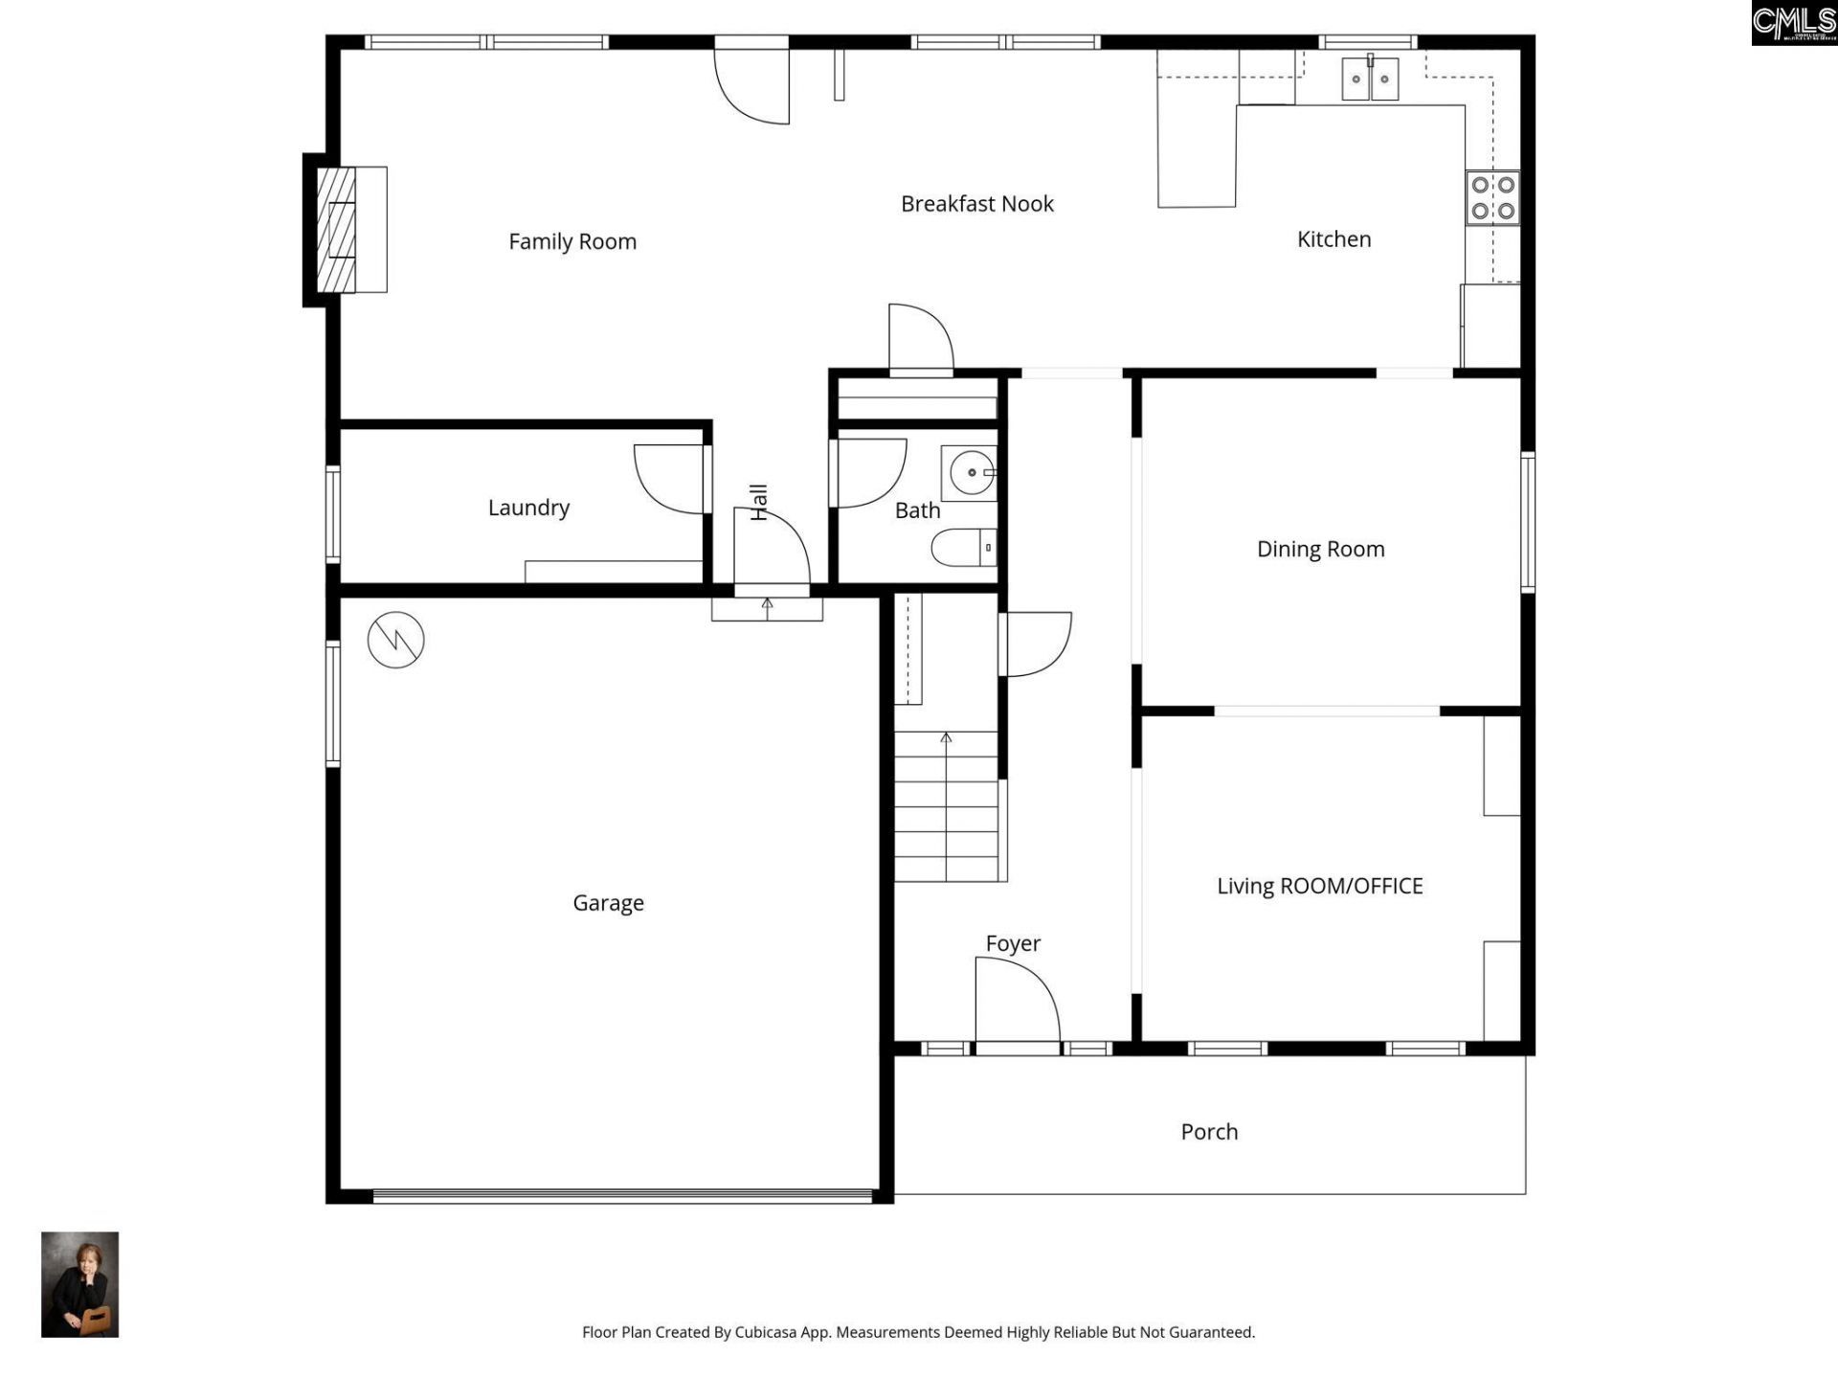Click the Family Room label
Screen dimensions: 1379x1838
572,241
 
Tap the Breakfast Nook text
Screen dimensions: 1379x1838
976,204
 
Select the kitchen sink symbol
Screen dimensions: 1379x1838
1370,79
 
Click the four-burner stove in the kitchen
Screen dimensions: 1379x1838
1492,197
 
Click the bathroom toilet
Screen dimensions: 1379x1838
963,548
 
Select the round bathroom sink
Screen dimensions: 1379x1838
971,472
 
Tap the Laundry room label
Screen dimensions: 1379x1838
528,508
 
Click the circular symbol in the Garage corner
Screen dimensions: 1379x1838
395,640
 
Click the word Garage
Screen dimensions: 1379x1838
608,903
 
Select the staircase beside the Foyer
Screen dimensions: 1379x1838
946,806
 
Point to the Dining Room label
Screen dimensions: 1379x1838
1320,549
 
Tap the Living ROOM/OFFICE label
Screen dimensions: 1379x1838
1319,886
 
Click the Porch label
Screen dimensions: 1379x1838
1209,1132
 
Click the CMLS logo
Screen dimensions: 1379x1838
1793,23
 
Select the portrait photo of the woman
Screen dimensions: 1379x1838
79,1284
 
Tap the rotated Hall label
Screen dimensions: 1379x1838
758,502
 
